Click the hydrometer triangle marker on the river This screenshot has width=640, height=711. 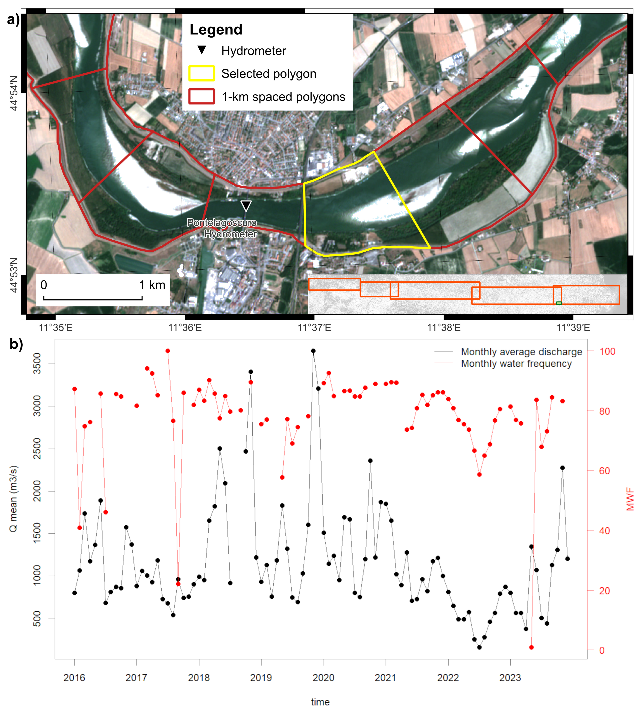pos(246,205)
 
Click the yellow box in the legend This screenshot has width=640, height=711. pos(201,74)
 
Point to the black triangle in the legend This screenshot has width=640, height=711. pos(201,50)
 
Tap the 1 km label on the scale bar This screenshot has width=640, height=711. pos(152,285)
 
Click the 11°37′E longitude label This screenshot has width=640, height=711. pos(314,328)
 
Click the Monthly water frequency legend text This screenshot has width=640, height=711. pos(516,364)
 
